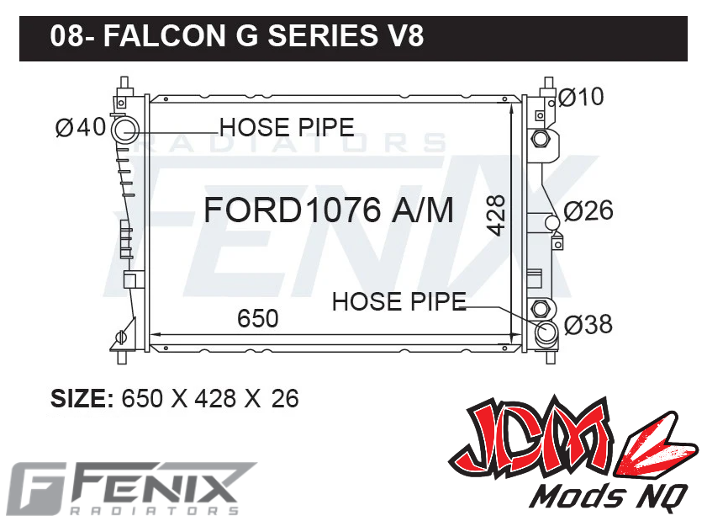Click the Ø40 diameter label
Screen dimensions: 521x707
pos(81,127)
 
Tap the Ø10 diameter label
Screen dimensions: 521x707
pos(581,98)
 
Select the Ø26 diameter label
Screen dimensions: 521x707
pos(588,210)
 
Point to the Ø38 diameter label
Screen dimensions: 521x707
pos(588,324)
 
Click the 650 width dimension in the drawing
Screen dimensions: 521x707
pos(257,319)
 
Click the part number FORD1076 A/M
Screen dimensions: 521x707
pos(329,210)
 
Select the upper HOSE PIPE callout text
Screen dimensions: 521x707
pos(287,127)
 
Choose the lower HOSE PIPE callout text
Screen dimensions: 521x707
pos(398,301)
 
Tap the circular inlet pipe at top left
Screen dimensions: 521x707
pos(126,130)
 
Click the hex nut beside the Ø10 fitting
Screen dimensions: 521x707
pos(541,137)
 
